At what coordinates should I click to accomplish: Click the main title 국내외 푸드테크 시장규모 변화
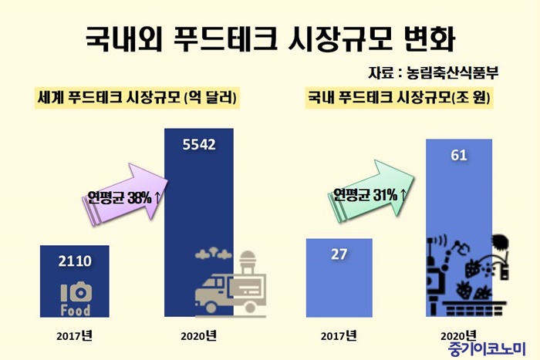pyautogui.click(x=269, y=36)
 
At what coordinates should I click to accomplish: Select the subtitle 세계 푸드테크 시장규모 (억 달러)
pyautogui.click(x=137, y=98)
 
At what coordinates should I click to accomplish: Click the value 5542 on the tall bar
pyautogui.click(x=199, y=143)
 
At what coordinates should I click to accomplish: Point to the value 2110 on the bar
pyautogui.click(x=75, y=261)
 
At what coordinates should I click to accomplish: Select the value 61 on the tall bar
pyautogui.click(x=458, y=156)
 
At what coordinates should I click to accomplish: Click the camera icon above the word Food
pyautogui.click(x=75, y=292)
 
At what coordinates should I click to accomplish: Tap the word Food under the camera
pyautogui.click(x=75, y=310)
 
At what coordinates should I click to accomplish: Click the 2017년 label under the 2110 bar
pyautogui.click(x=75, y=335)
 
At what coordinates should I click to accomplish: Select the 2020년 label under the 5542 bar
pyautogui.click(x=198, y=335)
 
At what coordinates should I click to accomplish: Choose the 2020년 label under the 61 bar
pyautogui.click(x=458, y=336)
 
